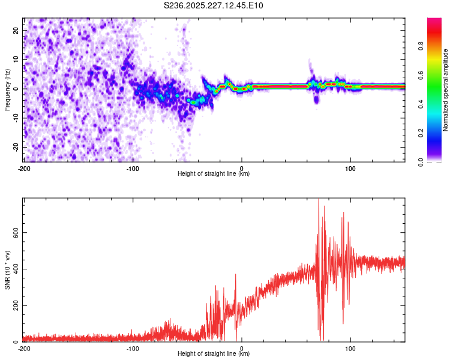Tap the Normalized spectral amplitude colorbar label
[446, 89]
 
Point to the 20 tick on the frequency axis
[16, 30]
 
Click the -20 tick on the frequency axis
[15, 147]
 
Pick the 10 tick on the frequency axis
[16, 59]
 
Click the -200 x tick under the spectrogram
[24, 168]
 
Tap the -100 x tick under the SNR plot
[133, 348]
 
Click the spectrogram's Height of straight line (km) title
[214, 174]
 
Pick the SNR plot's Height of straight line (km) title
[214, 354]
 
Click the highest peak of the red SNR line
[319, 200]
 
